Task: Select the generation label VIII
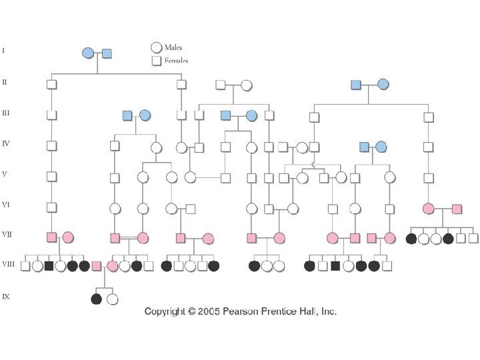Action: [x=7, y=264]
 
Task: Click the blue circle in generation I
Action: [x=88, y=53]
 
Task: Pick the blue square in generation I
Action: [x=106, y=53]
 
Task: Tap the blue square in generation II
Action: [x=356, y=84]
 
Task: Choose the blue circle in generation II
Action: [x=383, y=84]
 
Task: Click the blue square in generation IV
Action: [x=364, y=147]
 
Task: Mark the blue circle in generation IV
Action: [x=381, y=147]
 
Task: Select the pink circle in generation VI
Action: [x=429, y=209]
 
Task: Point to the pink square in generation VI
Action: [x=457, y=209]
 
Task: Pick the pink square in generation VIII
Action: [x=97, y=266]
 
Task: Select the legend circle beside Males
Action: [x=156, y=47]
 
